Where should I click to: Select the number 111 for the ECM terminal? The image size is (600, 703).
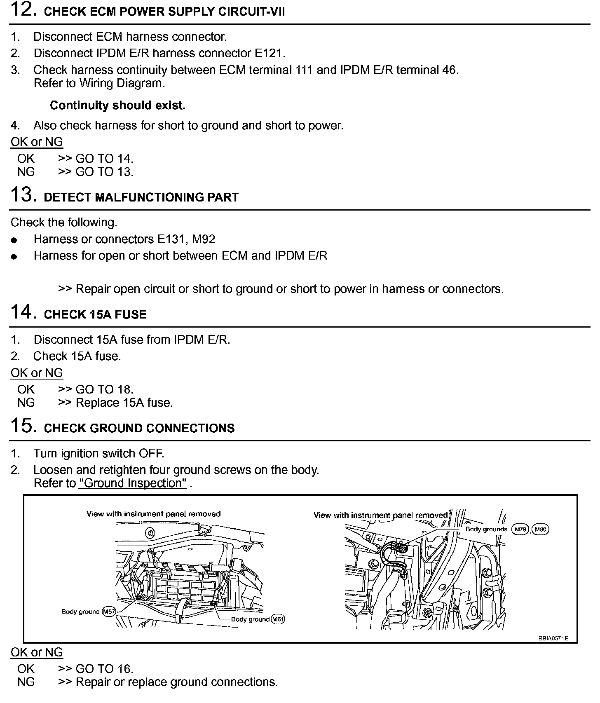304,70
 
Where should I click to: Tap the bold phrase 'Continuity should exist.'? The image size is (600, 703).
117,105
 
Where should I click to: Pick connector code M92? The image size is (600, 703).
204,239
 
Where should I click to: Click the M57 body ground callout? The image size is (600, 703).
109,612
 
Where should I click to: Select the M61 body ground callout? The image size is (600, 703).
278,619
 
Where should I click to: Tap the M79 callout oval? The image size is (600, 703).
520,530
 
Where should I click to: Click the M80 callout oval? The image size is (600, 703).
541,530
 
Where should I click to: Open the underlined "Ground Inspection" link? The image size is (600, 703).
133,483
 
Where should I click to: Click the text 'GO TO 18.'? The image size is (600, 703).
104,389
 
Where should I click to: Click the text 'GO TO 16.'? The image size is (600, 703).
104,669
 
